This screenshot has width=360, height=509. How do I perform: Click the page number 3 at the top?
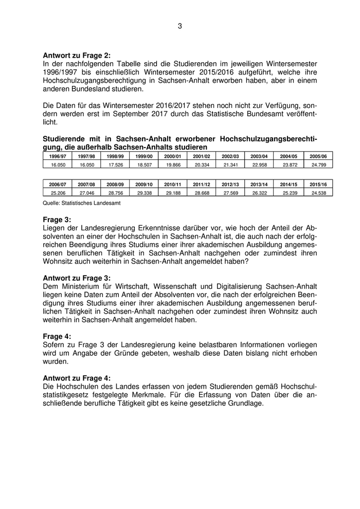(180, 26)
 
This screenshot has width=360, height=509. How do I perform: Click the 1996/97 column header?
(57, 156)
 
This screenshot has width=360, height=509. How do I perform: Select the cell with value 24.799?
(318, 164)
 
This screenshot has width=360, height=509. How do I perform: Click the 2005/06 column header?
(318, 156)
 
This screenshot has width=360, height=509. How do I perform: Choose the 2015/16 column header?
(318, 184)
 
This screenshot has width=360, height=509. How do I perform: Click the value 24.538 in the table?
(318, 192)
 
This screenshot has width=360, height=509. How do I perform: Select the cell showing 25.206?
(57, 192)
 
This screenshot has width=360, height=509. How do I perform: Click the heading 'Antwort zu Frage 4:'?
(76, 377)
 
